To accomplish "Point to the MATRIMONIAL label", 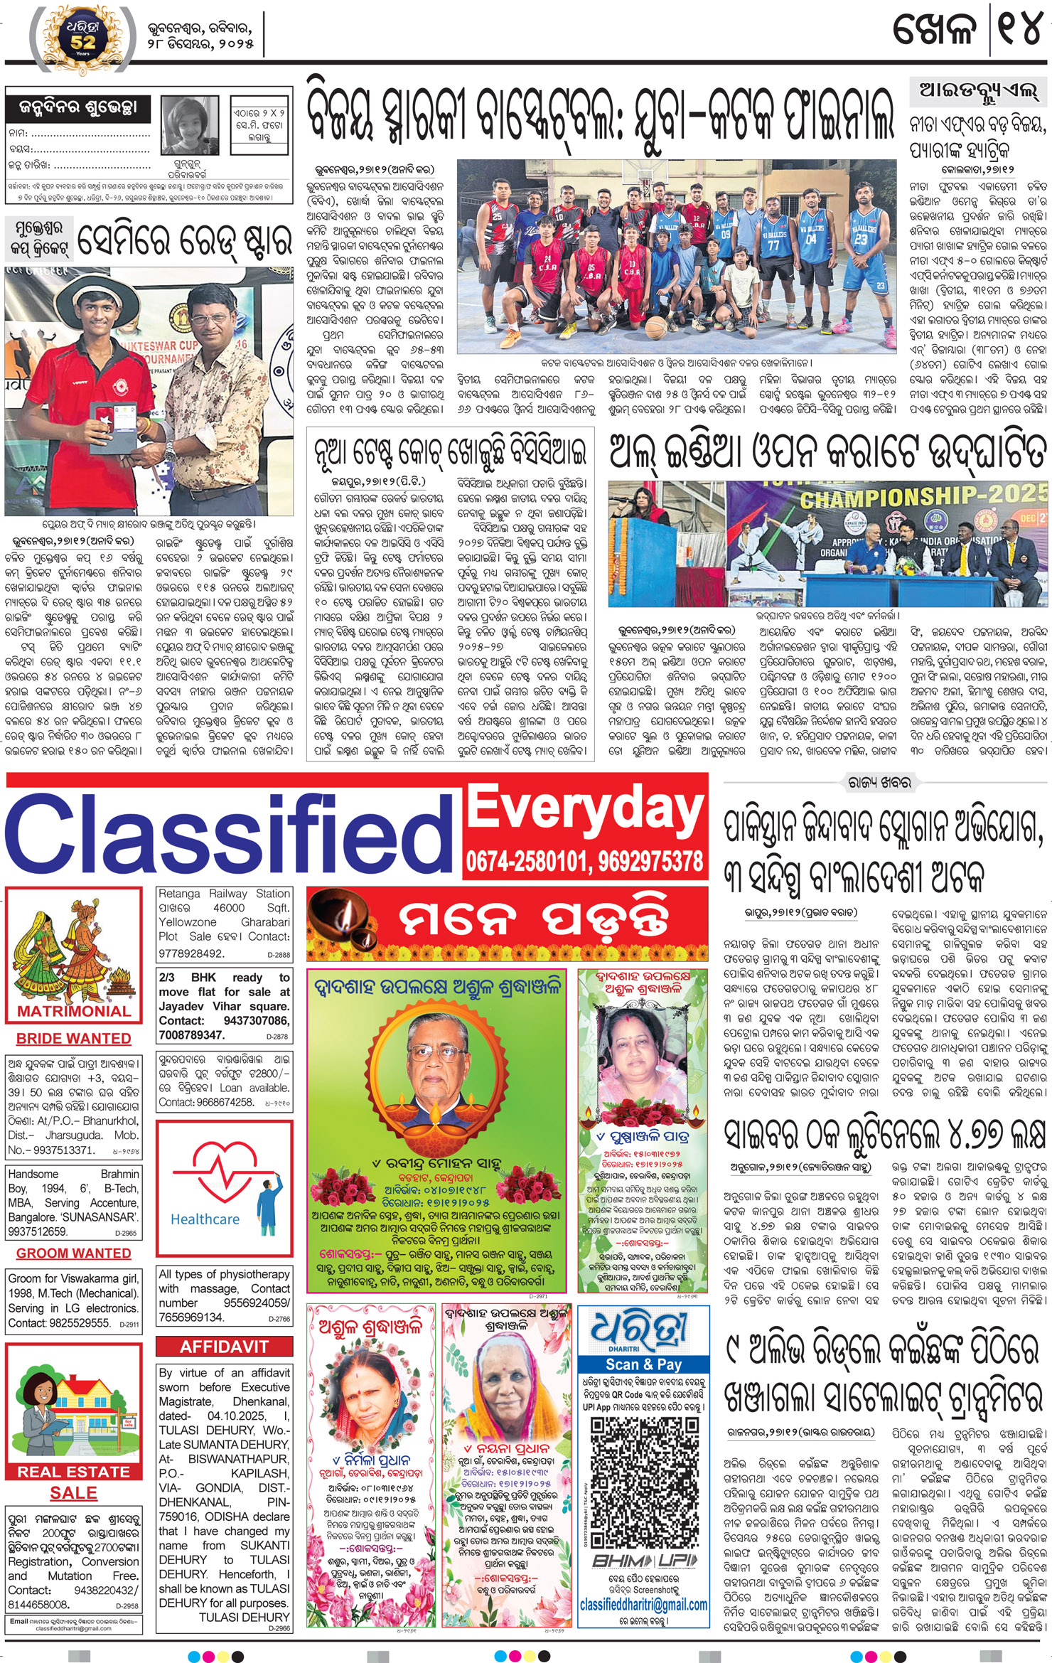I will pyautogui.click(x=74, y=1011).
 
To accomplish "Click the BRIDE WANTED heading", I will pyautogui.click(x=74, y=1039).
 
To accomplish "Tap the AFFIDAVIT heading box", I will pyautogui.click(x=223, y=1347).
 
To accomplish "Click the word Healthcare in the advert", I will pyautogui.click(x=205, y=1219).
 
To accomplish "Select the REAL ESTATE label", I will pyautogui.click(x=74, y=1471).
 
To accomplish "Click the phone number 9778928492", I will pyautogui.click(x=191, y=953).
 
